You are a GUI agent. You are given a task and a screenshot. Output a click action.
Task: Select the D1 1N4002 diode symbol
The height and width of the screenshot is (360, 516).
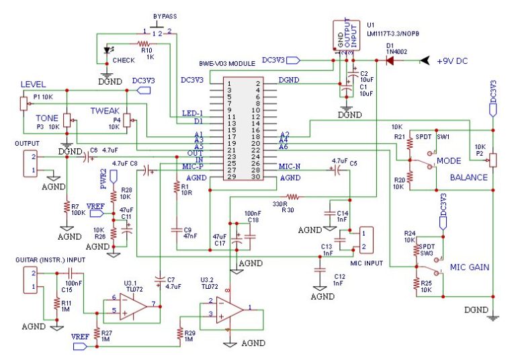click(x=390, y=60)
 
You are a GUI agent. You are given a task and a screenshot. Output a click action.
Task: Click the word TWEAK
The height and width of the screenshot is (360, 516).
click(x=105, y=109)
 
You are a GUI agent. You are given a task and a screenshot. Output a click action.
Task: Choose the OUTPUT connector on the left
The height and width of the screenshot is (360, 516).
click(x=29, y=163)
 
